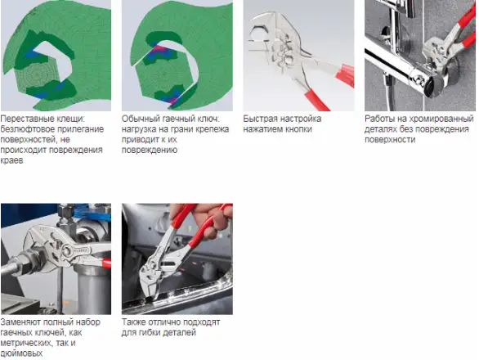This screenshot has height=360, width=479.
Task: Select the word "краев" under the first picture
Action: pos(12,160)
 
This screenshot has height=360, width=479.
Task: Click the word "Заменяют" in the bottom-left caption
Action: pos(20,322)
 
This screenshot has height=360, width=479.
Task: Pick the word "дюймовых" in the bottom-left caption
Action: pos(21,353)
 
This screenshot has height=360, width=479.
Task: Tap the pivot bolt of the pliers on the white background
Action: pos(289,58)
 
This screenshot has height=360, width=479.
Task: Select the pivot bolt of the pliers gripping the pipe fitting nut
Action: pos(67,251)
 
